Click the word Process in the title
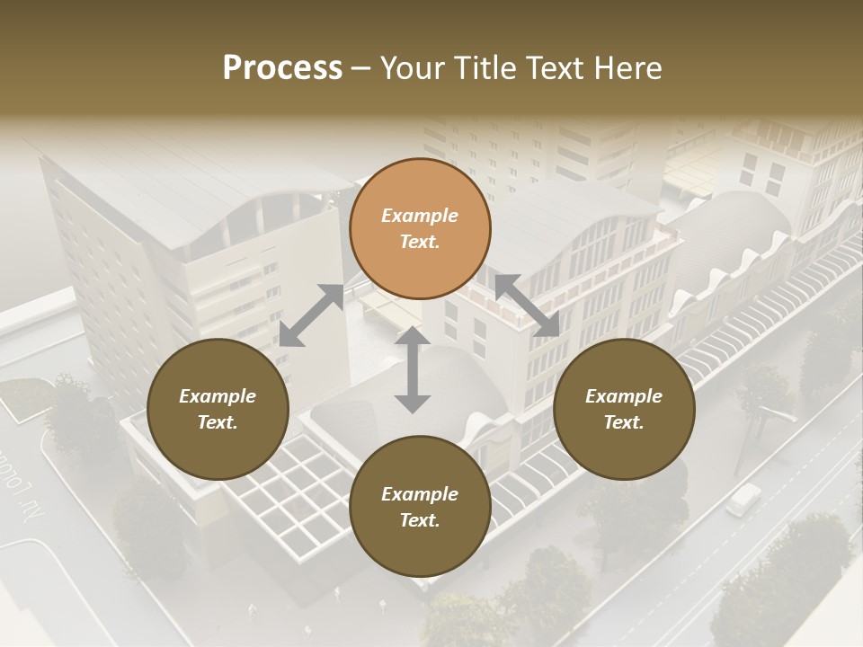282,68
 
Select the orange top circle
420,228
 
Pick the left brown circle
218,409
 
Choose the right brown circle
624,409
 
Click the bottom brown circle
420,507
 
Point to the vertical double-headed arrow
413,369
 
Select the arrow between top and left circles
311,315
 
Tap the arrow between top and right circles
527,306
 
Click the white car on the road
743,499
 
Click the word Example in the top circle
420,216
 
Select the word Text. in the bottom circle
420,520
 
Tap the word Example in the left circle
218,396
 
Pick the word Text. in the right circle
624,422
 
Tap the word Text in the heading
551,68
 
